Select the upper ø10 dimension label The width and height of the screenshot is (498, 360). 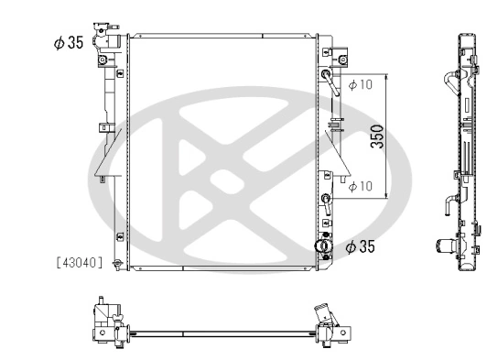coord(361,85)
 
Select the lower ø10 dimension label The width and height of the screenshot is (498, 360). coord(361,186)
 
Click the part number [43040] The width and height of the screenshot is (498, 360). coord(76,262)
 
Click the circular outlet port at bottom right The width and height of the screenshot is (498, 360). coord(320,245)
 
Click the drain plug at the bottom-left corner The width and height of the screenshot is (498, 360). coord(115,265)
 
